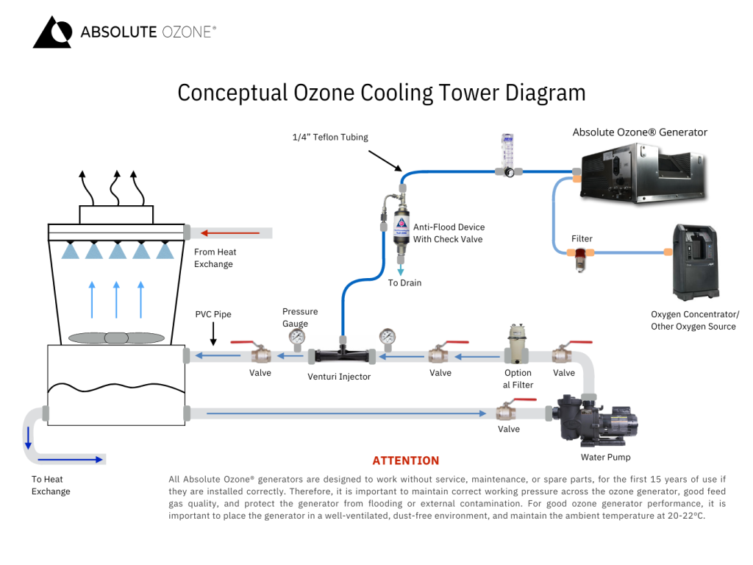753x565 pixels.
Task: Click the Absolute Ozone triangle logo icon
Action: pyautogui.click(x=52, y=32)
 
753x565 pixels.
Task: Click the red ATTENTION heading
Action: pyautogui.click(x=405, y=461)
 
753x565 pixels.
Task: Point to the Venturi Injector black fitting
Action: pyautogui.click(x=342, y=355)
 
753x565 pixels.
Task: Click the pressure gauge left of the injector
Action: pyautogui.click(x=297, y=338)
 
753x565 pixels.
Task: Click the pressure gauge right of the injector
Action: pyautogui.click(x=388, y=338)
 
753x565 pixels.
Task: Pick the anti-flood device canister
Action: pyautogui.click(x=402, y=224)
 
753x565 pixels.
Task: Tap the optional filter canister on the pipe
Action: pyautogui.click(x=518, y=344)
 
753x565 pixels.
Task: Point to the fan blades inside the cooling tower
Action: pyautogui.click(x=116, y=338)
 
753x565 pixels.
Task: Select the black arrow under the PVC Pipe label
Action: pyautogui.click(x=213, y=335)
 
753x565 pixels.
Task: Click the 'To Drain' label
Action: pyautogui.click(x=404, y=282)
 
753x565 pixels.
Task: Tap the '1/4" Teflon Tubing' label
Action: pyautogui.click(x=330, y=137)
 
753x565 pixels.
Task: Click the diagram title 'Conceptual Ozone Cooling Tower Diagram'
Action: pyautogui.click(x=381, y=93)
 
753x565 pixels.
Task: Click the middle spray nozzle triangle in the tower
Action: pyautogui.click(x=116, y=252)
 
